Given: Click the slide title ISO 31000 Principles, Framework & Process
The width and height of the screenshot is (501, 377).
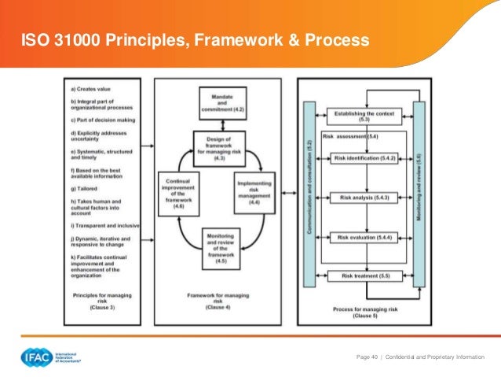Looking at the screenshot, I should coord(195,39).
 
